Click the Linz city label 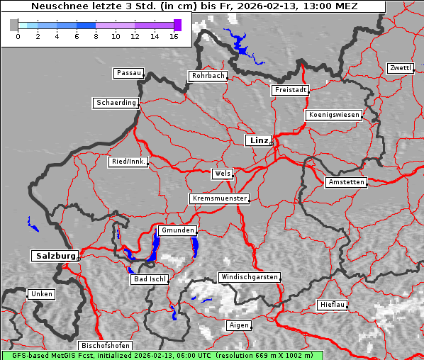(259, 140)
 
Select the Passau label (128, 73)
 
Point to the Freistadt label (290, 90)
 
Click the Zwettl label (400, 68)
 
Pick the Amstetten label (346, 182)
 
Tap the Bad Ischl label (150, 279)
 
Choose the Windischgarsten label (249, 277)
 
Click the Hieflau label (333, 305)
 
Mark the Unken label (41, 294)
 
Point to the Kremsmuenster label (220, 198)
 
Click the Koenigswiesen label (334, 115)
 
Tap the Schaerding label (116, 103)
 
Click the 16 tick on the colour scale (174, 36)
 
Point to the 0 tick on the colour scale (18, 36)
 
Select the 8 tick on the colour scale (96, 36)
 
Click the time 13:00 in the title (318, 6)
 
